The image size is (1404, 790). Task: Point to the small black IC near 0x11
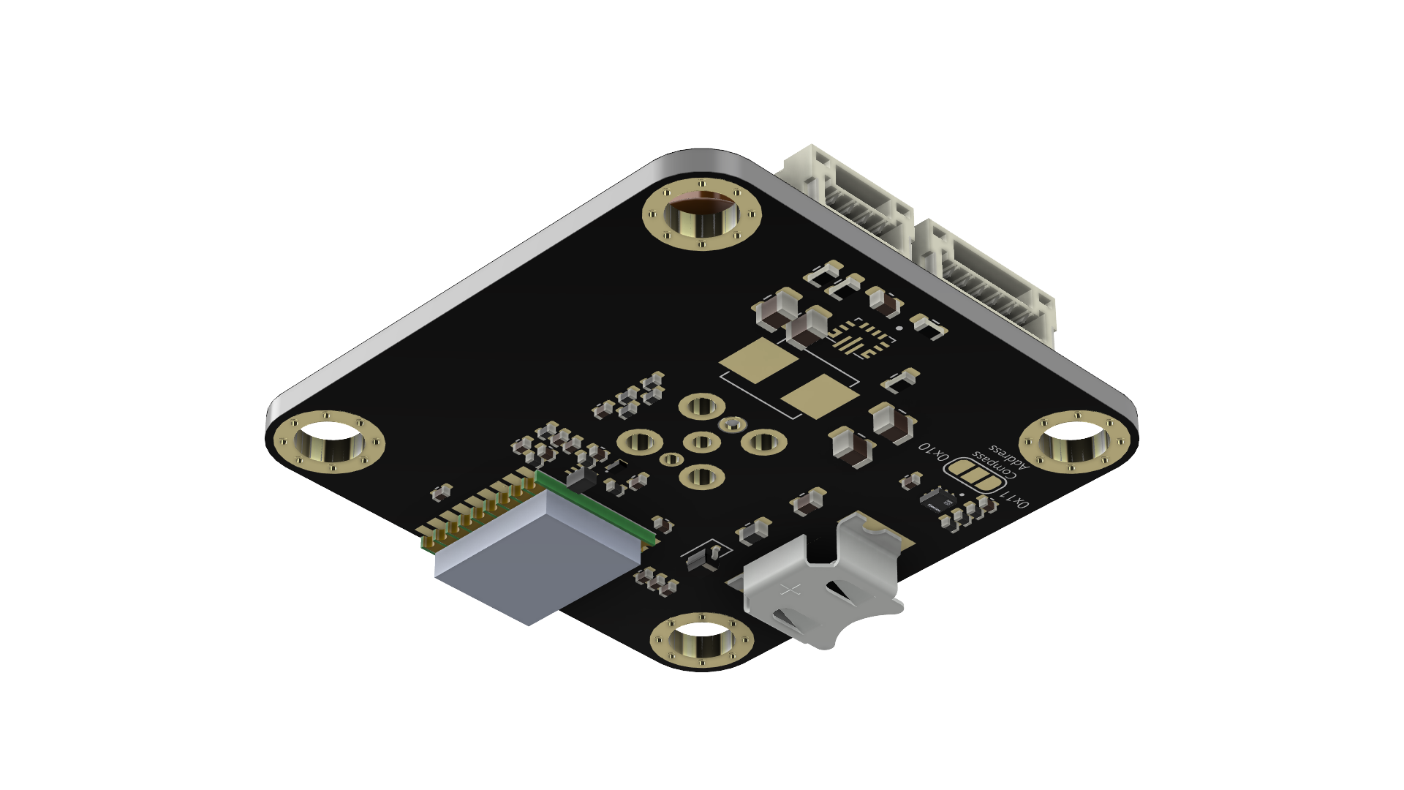tap(939, 501)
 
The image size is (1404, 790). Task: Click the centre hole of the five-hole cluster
tap(702, 442)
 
